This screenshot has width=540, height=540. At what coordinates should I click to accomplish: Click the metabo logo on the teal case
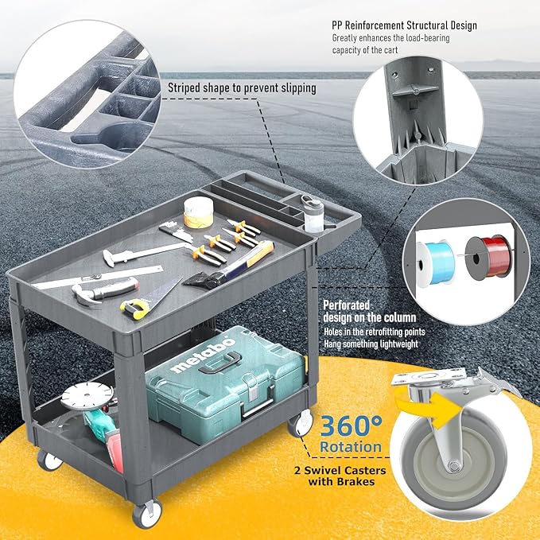(203, 355)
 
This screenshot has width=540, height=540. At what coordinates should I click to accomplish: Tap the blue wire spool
(436, 262)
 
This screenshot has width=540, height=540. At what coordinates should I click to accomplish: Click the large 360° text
(351, 425)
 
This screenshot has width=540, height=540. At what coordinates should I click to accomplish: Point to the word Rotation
(351, 447)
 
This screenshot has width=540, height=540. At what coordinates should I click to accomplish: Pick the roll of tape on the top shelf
(198, 212)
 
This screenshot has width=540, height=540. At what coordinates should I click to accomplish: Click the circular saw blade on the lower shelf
(87, 396)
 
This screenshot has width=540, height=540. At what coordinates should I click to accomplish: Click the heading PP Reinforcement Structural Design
(404, 25)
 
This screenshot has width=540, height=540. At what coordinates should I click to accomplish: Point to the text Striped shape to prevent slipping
(242, 87)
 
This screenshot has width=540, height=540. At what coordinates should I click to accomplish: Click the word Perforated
(346, 305)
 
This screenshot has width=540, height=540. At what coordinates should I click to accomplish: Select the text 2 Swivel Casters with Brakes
(340, 476)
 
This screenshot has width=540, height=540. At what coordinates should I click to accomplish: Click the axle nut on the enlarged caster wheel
(454, 467)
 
